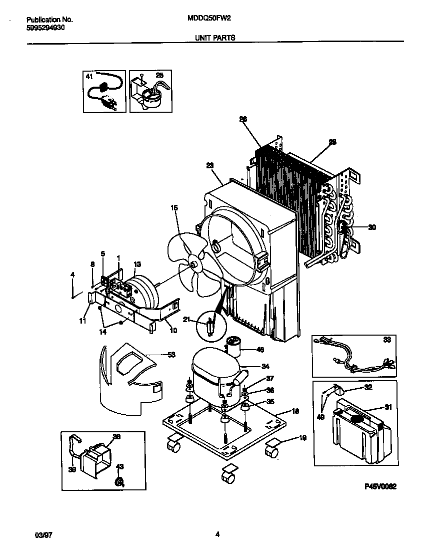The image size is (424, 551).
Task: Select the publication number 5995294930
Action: (45, 28)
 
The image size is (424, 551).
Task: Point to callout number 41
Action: (89, 77)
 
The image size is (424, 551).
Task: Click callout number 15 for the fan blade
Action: (174, 207)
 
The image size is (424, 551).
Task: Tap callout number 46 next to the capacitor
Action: (259, 350)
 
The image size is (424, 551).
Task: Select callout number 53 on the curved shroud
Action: (171, 355)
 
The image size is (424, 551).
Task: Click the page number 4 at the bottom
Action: (217, 534)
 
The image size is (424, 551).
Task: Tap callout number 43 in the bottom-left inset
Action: (119, 467)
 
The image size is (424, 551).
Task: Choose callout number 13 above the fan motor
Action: (137, 264)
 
